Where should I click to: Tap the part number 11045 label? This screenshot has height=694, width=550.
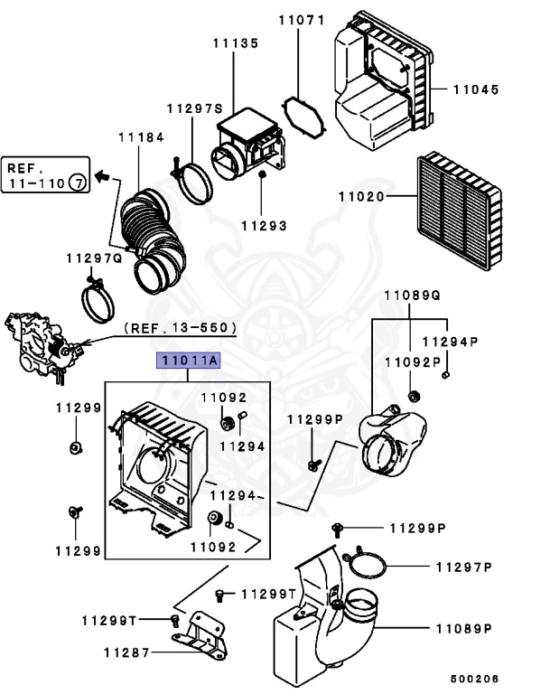(x=476, y=89)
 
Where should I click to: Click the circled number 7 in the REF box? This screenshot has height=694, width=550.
(x=79, y=183)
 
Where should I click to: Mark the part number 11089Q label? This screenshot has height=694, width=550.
(x=412, y=295)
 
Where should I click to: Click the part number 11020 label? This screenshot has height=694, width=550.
(x=361, y=196)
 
